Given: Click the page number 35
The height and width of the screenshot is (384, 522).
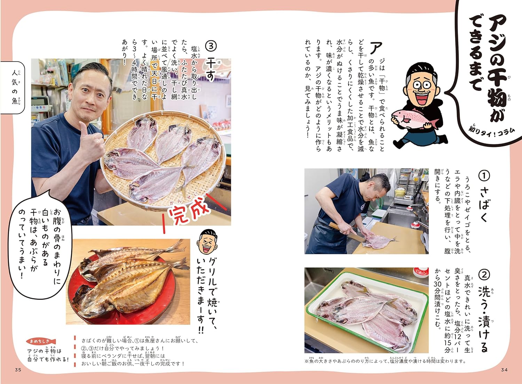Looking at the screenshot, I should pyautogui.click(x=18, y=370).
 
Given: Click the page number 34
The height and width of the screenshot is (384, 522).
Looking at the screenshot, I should pyautogui.click(x=504, y=370).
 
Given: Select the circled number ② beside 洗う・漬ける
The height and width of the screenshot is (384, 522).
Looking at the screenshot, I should pyautogui.click(x=484, y=275).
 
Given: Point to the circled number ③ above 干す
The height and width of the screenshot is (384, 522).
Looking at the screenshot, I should pyautogui.click(x=211, y=46).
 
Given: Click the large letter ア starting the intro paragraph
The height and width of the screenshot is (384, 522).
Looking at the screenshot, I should pyautogui.click(x=376, y=48).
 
